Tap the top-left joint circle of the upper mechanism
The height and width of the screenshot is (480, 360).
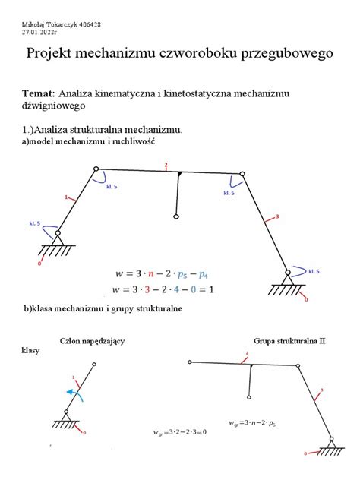[x=95, y=169]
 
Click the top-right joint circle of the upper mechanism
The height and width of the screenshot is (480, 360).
[x=242, y=175]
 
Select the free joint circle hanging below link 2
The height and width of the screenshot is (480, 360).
[x=175, y=217]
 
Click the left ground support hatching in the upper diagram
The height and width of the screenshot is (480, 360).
[x=52, y=250]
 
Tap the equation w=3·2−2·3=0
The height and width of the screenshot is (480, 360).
[x=180, y=431]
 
